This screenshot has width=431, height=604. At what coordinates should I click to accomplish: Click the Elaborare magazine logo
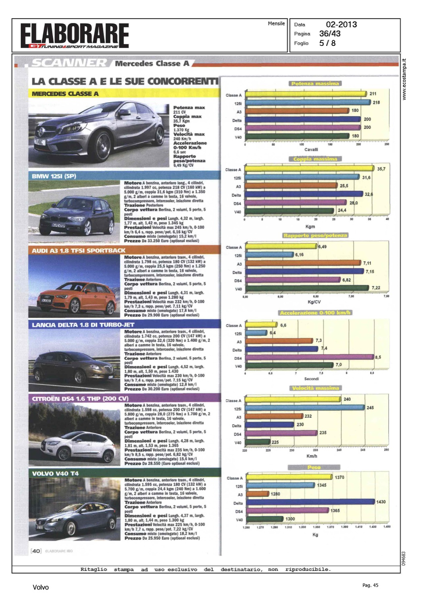(x=75, y=35)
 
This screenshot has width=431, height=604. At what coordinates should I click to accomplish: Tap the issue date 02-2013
(x=341, y=25)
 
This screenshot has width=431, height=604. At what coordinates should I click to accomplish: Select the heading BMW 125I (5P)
(x=54, y=176)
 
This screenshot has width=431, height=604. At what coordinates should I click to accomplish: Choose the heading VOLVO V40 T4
(x=55, y=474)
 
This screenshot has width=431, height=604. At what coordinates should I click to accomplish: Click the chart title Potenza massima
(x=315, y=83)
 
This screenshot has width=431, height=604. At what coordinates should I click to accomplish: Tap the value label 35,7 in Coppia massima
(x=381, y=169)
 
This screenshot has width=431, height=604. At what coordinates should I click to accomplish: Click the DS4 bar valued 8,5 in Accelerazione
(x=309, y=357)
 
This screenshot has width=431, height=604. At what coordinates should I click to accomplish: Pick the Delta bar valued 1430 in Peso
(x=310, y=502)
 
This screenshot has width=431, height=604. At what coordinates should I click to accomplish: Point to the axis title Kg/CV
(x=314, y=302)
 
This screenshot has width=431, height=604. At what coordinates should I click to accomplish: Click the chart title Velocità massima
(x=316, y=388)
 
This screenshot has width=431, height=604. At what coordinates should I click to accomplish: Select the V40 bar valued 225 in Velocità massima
(x=258, y=442)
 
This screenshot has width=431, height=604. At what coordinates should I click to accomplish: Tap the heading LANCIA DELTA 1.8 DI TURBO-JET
(x=83, y=325)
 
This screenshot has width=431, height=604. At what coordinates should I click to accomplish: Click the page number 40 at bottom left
(x=36, y=551)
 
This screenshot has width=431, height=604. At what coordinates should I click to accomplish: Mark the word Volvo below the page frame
(x=41, y=587)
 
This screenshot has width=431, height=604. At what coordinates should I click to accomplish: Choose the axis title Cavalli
(x=311, y=149)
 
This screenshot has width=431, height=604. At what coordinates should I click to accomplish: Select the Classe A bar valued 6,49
(x=281, y=246)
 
